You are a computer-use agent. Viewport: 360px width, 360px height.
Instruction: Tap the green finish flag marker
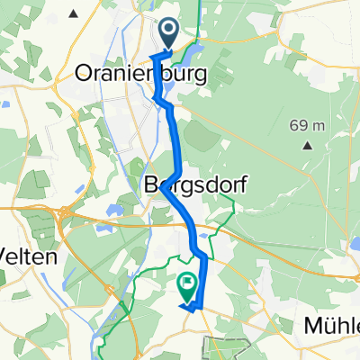187,287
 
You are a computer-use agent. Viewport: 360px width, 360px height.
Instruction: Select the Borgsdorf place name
196,184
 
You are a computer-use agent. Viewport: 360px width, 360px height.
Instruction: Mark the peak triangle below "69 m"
307,144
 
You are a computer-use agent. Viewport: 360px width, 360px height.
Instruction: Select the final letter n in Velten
53,256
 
